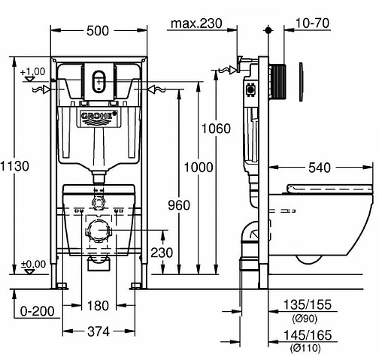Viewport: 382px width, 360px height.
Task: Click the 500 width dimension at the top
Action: (x=99, y=30)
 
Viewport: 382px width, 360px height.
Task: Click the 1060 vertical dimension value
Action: (x=215, y=129)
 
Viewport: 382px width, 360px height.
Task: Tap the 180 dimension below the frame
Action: (x=99, y=306)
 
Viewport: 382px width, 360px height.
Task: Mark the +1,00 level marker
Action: (x=32, y=71)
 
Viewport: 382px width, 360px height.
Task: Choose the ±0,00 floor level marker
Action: (x=32, y=264)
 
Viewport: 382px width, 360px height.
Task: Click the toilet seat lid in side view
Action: (x=331, y=189)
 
